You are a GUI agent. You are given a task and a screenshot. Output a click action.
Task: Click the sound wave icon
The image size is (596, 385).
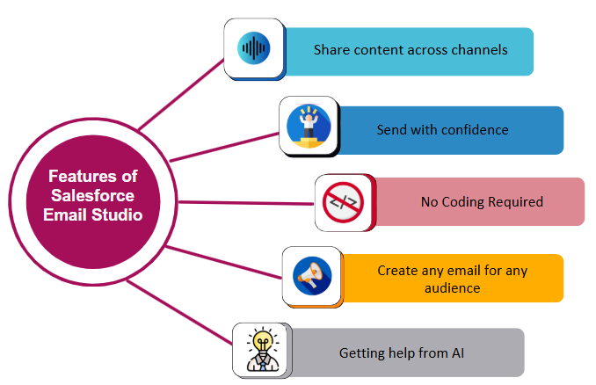coord(254,47)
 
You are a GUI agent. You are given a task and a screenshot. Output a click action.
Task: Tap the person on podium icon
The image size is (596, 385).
coord(308,126)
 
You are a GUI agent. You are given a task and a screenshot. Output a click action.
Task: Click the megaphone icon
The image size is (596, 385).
coord(312,276)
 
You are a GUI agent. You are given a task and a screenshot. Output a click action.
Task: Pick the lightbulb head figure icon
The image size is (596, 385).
coord(261,349)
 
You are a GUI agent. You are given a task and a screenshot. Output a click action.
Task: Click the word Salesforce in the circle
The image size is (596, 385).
coord(91,195)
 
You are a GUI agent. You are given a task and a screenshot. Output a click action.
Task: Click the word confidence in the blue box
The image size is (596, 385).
coord(474,130)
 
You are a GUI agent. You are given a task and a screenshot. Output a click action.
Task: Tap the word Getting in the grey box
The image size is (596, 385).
coord(361,353)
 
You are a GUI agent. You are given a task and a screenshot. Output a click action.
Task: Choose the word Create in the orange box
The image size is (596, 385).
coord(397,271)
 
